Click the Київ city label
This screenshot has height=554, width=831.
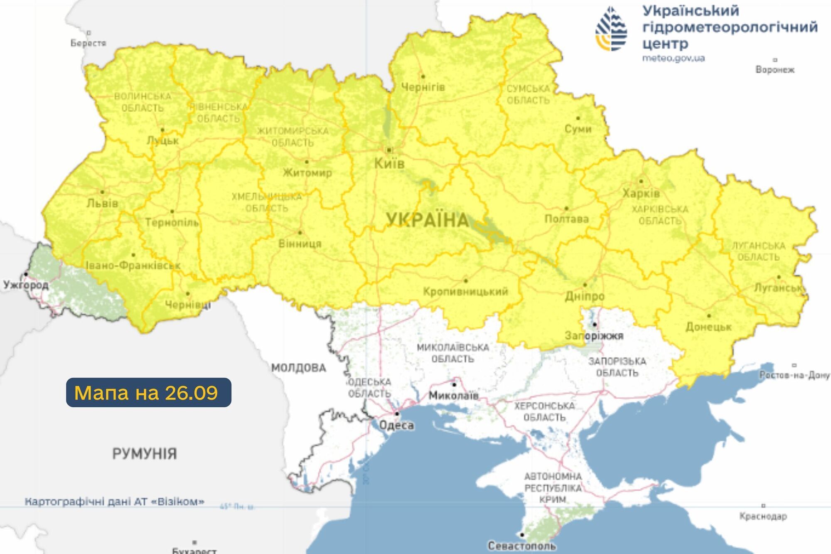pyautogui.click(x=389, y=163)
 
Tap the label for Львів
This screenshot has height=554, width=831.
pyautogui.click(x=102, y=203)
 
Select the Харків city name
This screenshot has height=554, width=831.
pyautogui.click(x=641, y=193)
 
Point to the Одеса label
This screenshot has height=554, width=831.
pyautogui.click(x=396, y=425)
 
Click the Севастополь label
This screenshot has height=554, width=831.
pyautogui.click(x=521, y=546)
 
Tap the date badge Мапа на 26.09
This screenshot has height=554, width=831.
pyautogui.click(x=148, y=392)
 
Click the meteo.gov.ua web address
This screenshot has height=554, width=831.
pyautogui.click(x=673, y=58)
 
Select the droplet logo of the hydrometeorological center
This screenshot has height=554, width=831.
pyautogui.click(x=611, y=29)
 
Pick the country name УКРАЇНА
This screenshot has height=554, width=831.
pyautogui.click(x=427, y=220)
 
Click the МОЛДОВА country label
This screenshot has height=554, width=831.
pyautogui.click(x=298, y=368)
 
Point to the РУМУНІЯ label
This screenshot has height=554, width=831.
pyautogui.click(x=145, y=453)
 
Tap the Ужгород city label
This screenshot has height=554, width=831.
pyautogui.click(x=26, y=285)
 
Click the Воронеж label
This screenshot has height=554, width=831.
pyautogui.click(x=774, y=69)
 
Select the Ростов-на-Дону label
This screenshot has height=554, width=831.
pyautogui.click(x=794, y=375)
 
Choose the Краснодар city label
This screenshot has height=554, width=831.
pyautogui.click(x=763, y=516)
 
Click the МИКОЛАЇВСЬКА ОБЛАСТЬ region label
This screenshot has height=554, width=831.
pyautogui.click(x=452, y=353)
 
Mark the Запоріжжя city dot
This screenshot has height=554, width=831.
pyautogui.click(x=595, y=324)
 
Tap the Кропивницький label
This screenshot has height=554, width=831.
pyautogui.click(x=465, y=291)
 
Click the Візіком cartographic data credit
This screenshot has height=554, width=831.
pyautogui.click(x=115, y=502)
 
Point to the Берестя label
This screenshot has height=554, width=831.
pyautogui.click(x=88, y=43)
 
